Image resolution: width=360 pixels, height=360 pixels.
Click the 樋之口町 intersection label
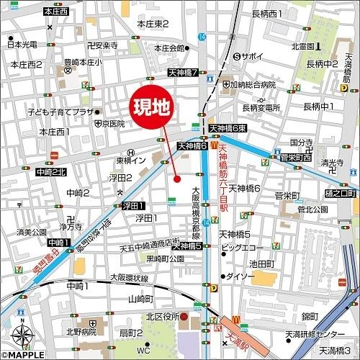[x=341, y=194]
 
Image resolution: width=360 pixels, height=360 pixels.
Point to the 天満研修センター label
[x=315, y=335]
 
